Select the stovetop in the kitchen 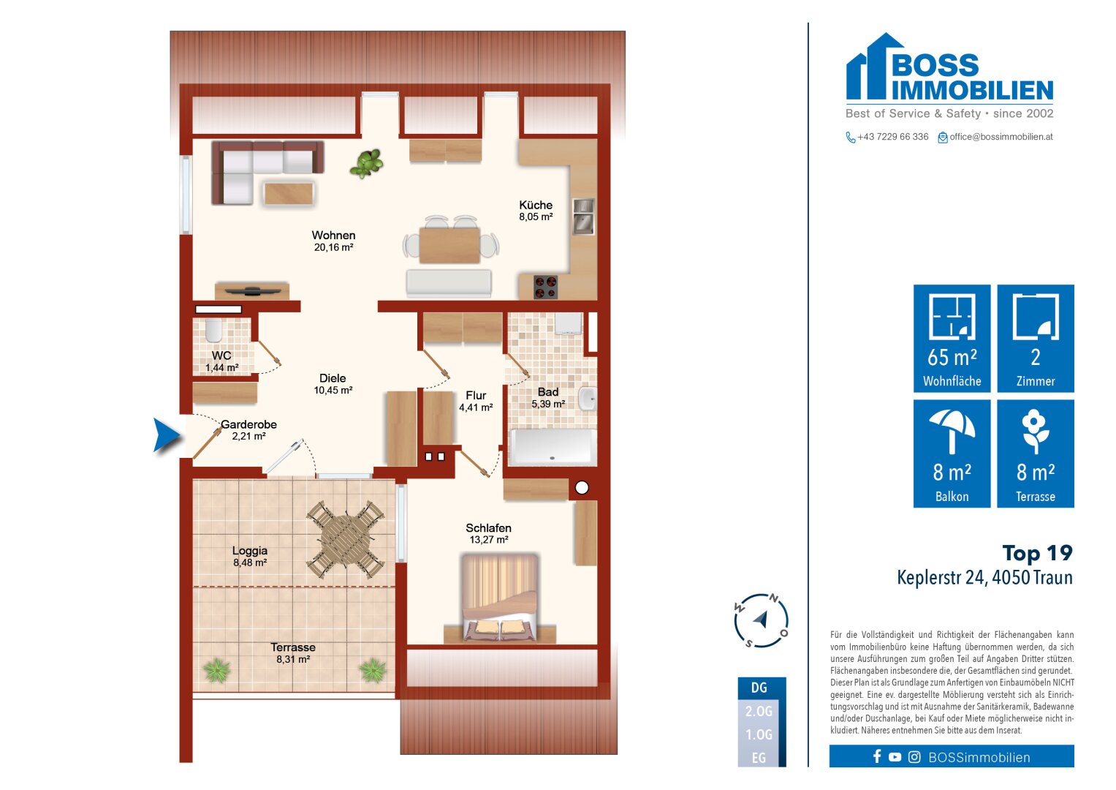coord(545,287)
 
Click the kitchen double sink coord(583,217)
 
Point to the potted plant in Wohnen coord(367,163)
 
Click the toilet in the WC coord(213,330)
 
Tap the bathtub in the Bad coord(553,448)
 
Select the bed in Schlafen coord(500,597)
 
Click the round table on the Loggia coord(346,539)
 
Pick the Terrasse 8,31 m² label coord(293,653)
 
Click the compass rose coord(761,620)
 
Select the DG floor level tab coord(760,688)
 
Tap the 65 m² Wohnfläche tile coord(952,338)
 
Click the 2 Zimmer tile coord(1036,338)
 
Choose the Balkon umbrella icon coord(952,431)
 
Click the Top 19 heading coord(1037,553)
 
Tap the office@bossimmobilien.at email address coord(1001,137)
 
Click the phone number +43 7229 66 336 coord(892,137)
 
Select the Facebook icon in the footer coord(877,756)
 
